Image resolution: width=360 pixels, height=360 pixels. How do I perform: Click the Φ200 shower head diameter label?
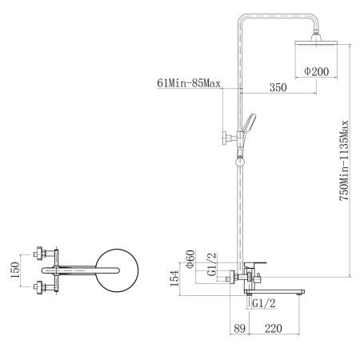(317, 71)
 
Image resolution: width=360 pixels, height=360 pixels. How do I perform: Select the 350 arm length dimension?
(278, 87)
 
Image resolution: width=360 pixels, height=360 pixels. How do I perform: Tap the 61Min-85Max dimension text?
(189, 83)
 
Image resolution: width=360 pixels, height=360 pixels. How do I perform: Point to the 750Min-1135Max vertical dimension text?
(344, 161)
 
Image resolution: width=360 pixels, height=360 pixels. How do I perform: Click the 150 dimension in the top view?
(15, 270)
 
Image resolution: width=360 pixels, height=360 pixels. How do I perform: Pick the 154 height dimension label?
(174, 278)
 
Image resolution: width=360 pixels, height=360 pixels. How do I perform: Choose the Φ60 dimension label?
(190, 259)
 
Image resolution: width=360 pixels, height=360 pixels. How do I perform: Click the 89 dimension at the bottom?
(239, 328)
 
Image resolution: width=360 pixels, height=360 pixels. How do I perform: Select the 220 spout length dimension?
(274, 328)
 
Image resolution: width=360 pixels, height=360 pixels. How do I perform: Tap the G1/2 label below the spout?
(264, 303)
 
